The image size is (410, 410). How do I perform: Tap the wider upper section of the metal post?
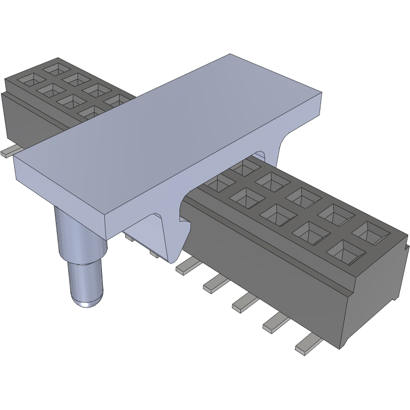[79, 232]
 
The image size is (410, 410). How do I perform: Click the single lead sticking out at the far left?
[9, 152]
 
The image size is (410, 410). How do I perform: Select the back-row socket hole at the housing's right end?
[369, 231]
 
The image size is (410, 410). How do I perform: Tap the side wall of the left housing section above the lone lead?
[30, 119]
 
